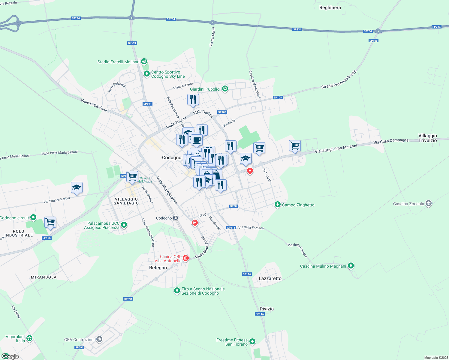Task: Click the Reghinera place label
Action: click(x=330, y=7)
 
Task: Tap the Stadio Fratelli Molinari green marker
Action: click(x=144, y=61)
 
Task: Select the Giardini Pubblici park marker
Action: click(x=225, y=89)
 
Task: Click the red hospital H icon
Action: click(x=250, y=171)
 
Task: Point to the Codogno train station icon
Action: click(x=176, y=218)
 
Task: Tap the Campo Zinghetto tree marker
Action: click(x=278, y=205)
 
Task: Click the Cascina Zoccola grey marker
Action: click(x=429, y=204)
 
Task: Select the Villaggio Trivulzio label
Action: click(x=427, y=138)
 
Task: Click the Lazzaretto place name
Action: click(x=270, y=278)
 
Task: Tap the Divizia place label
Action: click(x=267, y=309)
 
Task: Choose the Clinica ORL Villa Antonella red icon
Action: click(x=186, y=258)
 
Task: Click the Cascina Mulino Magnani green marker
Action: click(x=351, y=266)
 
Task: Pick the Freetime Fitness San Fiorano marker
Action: click(x=252, y=341)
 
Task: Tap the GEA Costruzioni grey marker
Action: click(x=99, y=339)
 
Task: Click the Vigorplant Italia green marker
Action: click(x=29, y=338)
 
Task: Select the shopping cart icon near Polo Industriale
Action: click(x=50, y=222)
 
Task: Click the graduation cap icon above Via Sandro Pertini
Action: click(x=77, y=188)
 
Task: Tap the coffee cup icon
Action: click(x=197, y=139)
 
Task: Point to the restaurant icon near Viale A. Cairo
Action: click(x=193, y=99)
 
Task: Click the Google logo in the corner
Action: click(x=10, y=356)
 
